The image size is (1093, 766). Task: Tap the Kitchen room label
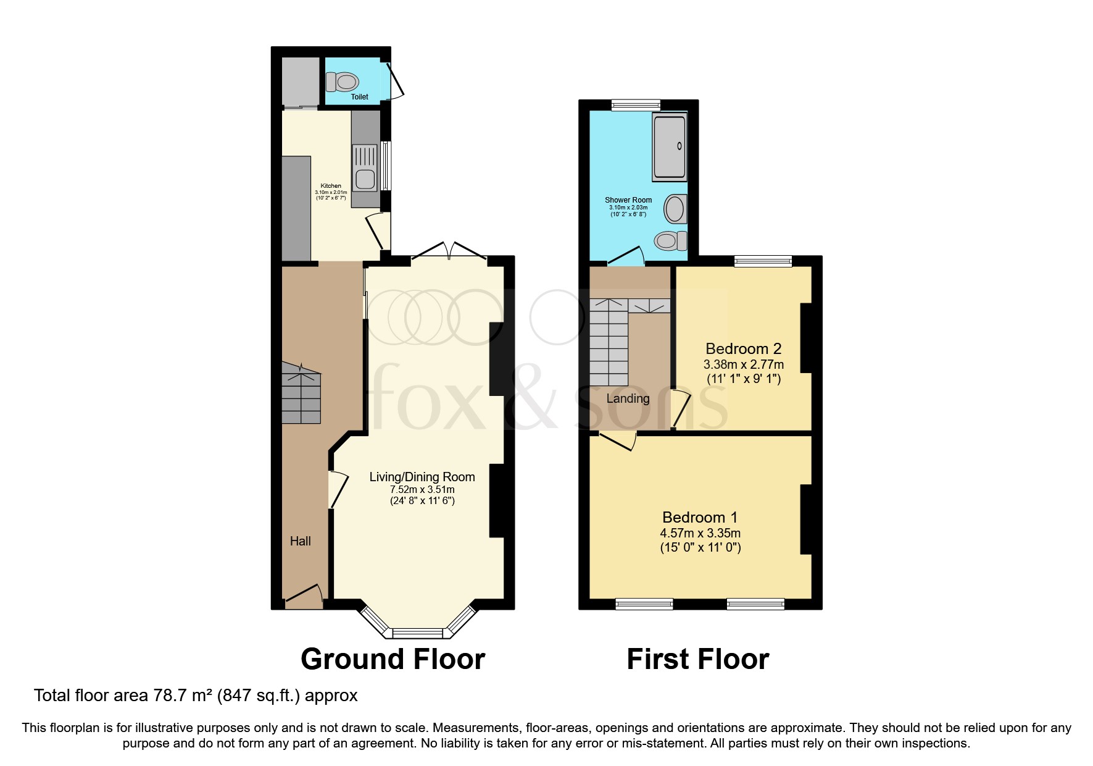click(x=331, y=185)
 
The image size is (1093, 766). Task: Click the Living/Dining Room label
click(x=422, y=477)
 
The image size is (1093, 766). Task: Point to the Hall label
click(x=301, y=541)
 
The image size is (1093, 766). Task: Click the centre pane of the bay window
click(x=418, y=633)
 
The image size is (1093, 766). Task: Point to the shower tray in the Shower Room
click(x=670, y=146)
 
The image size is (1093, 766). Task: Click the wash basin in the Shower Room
click(x=676, y=209)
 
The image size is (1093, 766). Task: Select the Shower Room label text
click(x=628, y=200)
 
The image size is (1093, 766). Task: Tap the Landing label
click(x=628, y=398)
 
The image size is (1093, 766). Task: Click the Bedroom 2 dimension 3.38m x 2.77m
click(x=744, y=364)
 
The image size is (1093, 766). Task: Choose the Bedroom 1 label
click(x=700, y=517)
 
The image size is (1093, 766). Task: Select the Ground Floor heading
click(x=393, y=659)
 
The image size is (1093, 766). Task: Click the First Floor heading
click(x=698, y=659)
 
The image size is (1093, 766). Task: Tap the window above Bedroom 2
click(x=763, y=261)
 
